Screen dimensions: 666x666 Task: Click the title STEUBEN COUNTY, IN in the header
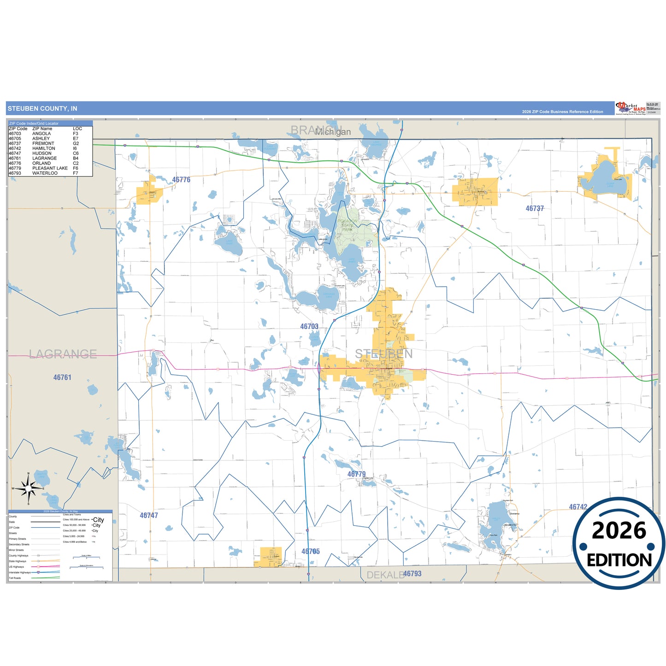(42, 109)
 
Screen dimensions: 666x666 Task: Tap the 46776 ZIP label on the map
(181, 180)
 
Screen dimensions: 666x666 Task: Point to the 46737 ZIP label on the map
(535, 208)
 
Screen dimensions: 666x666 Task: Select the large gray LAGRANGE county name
(63, 354)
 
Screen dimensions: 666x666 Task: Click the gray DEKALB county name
(385, 575)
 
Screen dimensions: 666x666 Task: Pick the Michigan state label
(333, 132)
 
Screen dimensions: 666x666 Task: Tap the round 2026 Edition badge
(619, 544)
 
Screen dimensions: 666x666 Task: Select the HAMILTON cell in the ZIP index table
(44, 148)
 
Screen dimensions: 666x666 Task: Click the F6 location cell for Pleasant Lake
(76, 168)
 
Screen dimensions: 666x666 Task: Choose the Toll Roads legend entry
(15, 578)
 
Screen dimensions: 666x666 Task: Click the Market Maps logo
(631, 108)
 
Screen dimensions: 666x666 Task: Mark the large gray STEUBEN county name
(383, 354)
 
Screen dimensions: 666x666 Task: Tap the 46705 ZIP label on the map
(310, 551)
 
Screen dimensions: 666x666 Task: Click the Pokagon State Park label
(348, 225)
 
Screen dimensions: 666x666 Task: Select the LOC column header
(77, 129)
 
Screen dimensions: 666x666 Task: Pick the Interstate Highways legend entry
(19, 572)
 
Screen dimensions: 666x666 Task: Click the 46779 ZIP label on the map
(356, 474)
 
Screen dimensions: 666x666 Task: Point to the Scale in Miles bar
(86, 558)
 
